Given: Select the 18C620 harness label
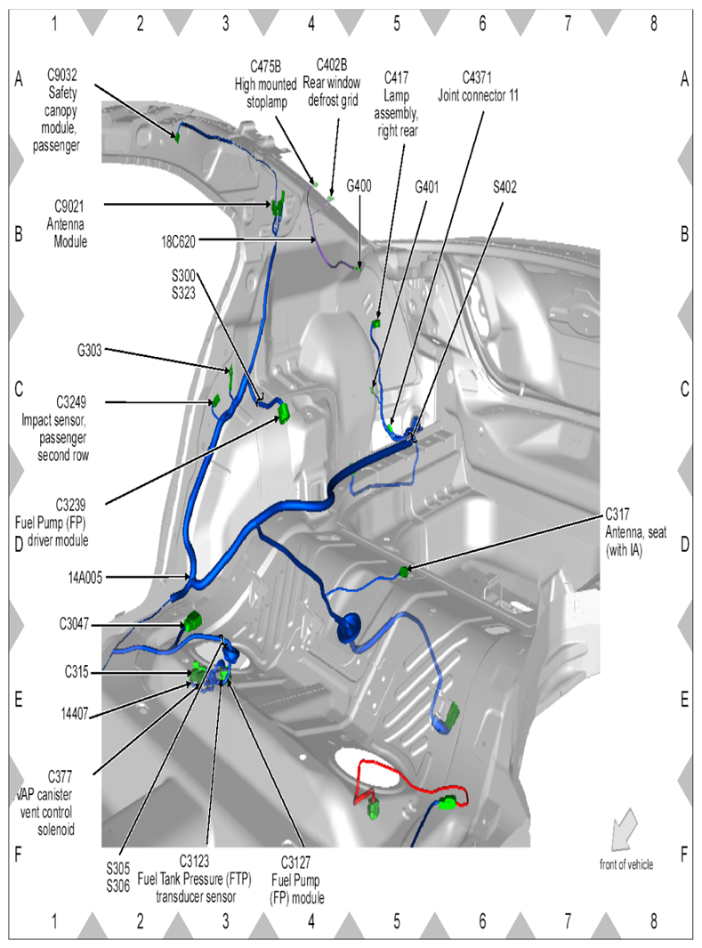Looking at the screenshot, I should (x=178, y=240).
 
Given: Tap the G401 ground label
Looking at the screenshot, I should (x=430, y=185).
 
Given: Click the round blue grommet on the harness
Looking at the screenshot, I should (x=346, y=628).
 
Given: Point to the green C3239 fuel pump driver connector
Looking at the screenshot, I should (x=285, y=413).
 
